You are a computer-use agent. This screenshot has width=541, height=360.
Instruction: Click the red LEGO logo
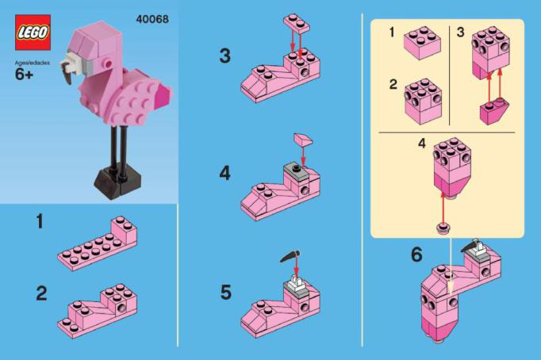(33, 33)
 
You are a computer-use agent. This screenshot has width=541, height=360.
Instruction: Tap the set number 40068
(152, 19)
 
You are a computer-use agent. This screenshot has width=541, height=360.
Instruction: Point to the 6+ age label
(24, 75)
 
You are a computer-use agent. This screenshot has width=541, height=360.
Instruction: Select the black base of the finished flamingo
(117, 184)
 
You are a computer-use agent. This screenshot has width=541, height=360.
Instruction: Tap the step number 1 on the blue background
(40, 221)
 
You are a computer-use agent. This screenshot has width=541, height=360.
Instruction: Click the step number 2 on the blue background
(41, 293)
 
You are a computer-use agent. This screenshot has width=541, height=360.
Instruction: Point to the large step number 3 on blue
(225, 56)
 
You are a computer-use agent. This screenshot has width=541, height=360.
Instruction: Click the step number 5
(225, 293)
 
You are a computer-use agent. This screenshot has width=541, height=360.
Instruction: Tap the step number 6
(416, 255)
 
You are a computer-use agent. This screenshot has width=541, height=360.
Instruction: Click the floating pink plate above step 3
(297, 23)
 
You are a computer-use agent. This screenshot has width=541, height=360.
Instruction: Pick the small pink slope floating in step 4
(303, 140)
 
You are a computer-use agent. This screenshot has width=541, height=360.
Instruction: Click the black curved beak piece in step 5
(290, 257)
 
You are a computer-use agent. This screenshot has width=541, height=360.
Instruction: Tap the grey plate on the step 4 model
(297, 171)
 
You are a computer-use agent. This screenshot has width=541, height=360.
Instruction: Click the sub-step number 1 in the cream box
(392, 33)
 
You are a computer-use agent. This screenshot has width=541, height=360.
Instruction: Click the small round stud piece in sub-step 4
(443, 228)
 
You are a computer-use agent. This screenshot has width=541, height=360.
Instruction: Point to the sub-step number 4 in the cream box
(422, 144)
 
